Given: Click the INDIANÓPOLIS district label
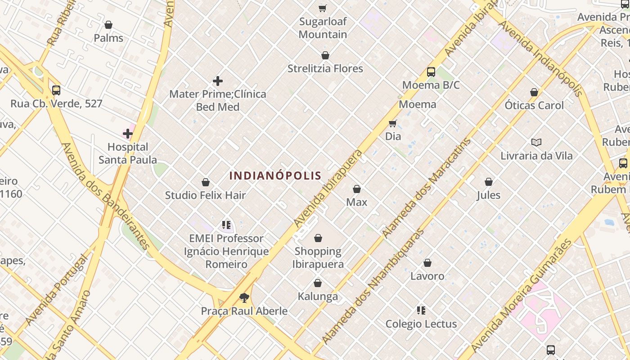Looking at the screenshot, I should (x=275, y=175).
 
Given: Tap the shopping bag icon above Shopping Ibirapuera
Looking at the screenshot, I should (x=318, y=238).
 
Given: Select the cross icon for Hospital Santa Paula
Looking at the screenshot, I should (x=128, y=134).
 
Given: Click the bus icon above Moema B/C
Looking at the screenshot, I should (x=431, y=72).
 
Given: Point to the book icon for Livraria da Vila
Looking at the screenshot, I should (x=536, y=143).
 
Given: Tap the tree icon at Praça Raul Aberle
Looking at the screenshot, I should (x=244, y=297).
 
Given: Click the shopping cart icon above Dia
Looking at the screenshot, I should (x=392, y=123).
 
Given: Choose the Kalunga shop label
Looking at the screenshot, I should (x=318, y=297).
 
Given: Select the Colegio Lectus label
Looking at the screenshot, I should (x=421, y=324).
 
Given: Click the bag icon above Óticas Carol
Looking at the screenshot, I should (x=534, y=92).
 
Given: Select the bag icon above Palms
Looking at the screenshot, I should (x=108, y=25).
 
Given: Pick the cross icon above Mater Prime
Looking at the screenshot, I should (x=218, y=81).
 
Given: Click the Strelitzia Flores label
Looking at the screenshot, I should (x=325, y=68).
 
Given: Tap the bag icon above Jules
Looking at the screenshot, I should (x=489, y=182).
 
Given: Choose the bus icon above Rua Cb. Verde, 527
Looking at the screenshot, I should (x=56, y=90).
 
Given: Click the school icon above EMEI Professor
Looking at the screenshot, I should (x=226, y=225).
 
